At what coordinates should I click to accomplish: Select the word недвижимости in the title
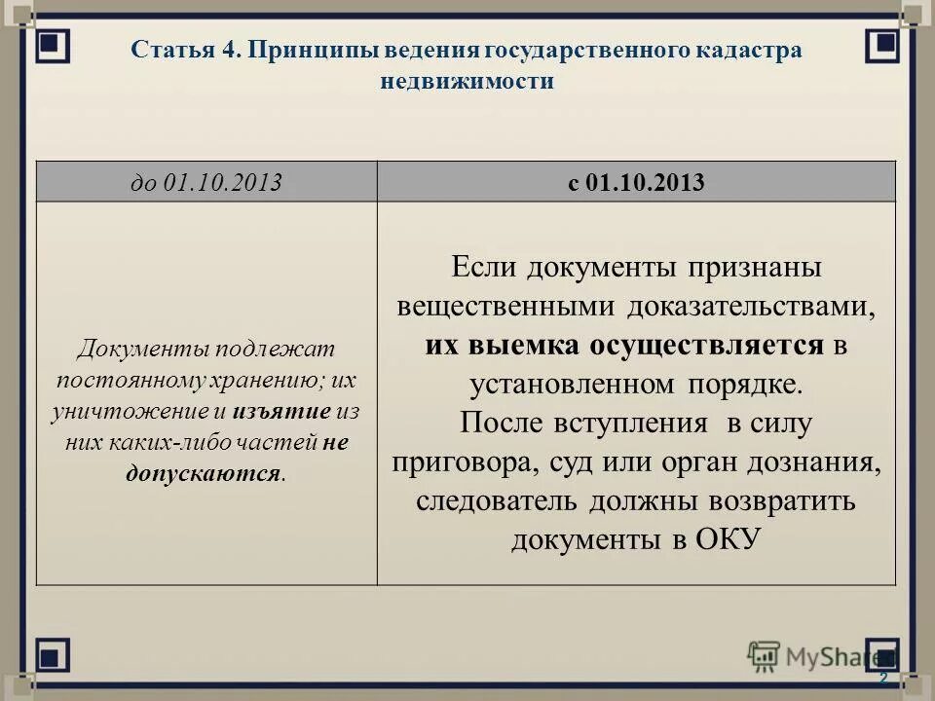(x=467, y=82)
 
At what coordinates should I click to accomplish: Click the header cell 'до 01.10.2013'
(x=206, y=182)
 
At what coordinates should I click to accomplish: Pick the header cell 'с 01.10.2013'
(x=636, y=182)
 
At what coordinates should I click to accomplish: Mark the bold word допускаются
(x=204, y=473)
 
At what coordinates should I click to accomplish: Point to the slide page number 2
(x=883, y=678)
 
